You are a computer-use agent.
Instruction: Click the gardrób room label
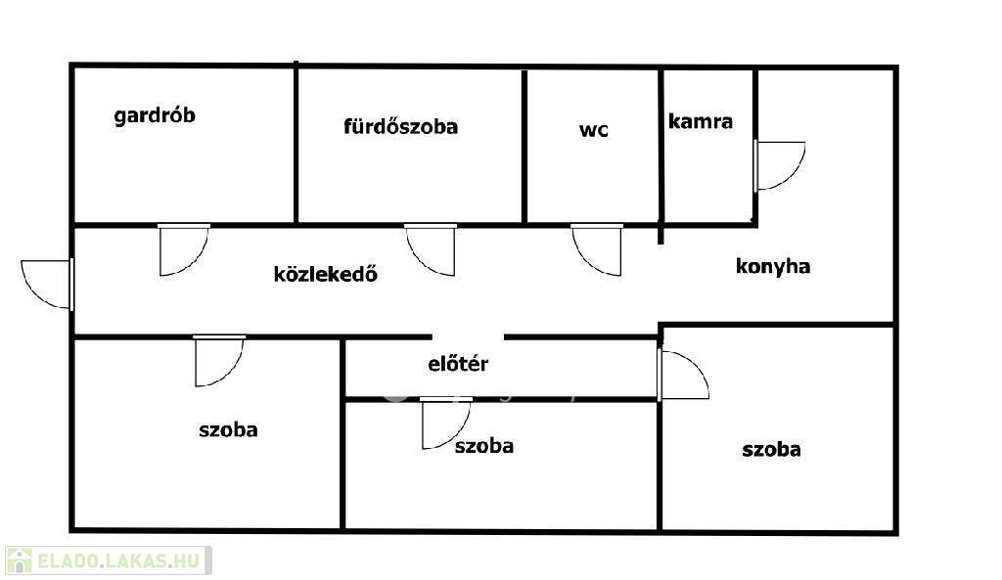pos(155,116)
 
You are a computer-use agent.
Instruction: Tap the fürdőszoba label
pos(400,126)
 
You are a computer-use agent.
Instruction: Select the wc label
pos(593,129)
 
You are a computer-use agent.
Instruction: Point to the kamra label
pos(701,121)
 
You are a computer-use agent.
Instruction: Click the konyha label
pos(772,266)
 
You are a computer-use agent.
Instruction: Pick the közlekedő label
pos(325,274)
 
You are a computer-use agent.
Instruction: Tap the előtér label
pos(458,365)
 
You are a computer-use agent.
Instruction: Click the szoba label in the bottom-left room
pos(228,429)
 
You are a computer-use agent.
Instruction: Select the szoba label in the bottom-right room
pos(771,450)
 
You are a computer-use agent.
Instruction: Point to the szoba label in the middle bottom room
pos(483,446)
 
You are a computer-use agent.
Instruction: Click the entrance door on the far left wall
pos(47,283)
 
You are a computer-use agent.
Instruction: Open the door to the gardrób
pos(183,249)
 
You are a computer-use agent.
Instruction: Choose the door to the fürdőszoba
pos(431,249)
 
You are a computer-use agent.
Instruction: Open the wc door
pos(597,249)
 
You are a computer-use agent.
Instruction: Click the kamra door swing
pos(779,165)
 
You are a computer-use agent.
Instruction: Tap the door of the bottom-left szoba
pos(217,360)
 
